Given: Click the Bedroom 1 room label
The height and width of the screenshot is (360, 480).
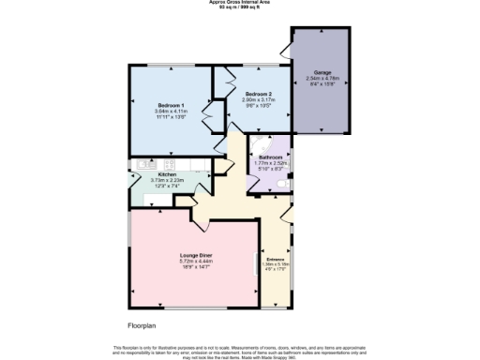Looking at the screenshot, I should (x=171, y=104).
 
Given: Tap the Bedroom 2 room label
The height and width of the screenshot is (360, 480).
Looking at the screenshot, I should (x=258, y=95).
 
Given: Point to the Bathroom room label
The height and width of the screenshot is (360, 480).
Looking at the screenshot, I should (x=270, y=157).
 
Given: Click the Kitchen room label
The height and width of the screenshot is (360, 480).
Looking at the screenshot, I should (x=167, y=174).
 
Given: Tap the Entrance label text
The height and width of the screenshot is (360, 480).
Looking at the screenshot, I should (x=276, y=259).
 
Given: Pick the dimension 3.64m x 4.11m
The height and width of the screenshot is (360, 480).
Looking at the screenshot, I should (x=171, y=112).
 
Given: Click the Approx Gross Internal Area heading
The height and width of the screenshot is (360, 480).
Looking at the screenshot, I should (x=240, y=3).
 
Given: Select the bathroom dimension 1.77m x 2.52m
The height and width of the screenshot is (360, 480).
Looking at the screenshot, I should (x=270, y=163).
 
